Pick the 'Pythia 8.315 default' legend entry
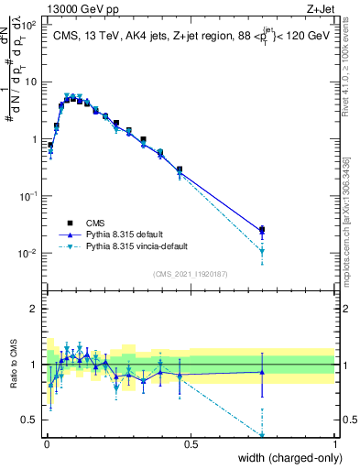[x=128, y=234]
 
